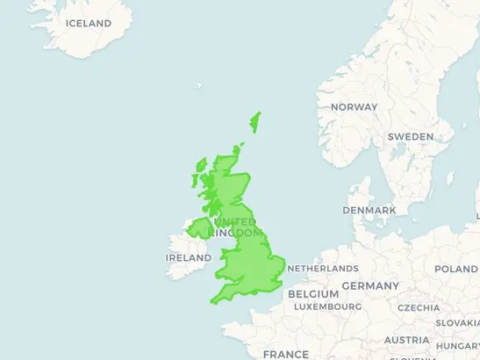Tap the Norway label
point(354,107)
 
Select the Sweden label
point(410,137)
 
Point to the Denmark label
point(369,211)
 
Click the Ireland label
point(189,258)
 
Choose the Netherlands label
point(322,268)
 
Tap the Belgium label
point(312,293)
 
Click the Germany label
point(369,286)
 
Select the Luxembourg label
point(327,307)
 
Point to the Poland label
point(456,270)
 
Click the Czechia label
point(419,308)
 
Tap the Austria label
point(406,340)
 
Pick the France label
point(285,354)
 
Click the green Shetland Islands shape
point(256,121)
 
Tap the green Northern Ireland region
point(200,228)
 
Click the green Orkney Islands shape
point(237,149)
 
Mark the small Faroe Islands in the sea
point(198,86)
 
